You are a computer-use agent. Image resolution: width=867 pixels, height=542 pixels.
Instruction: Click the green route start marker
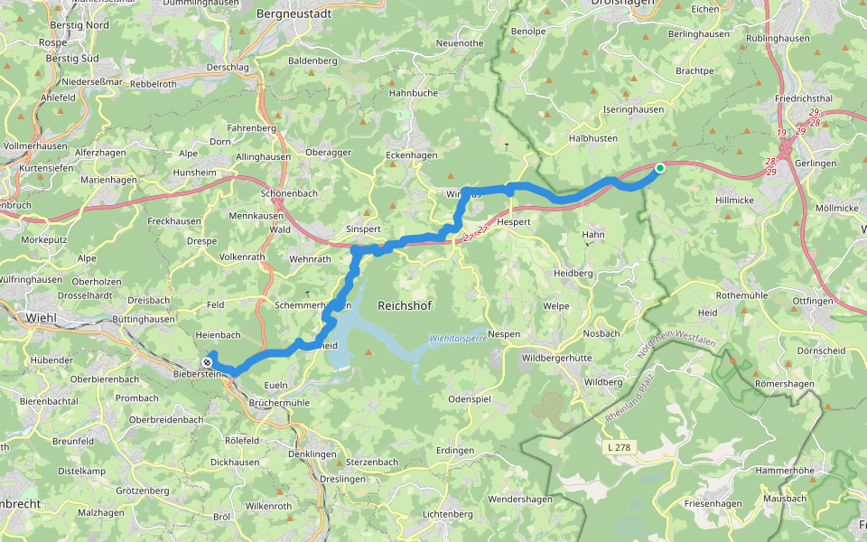click(660, 168)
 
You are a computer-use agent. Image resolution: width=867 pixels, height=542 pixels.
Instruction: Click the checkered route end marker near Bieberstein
click(208, 362)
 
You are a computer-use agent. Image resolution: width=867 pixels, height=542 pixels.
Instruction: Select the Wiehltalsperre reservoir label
click(457, 338)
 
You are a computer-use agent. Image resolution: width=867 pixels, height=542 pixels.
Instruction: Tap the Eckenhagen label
click(411, 155)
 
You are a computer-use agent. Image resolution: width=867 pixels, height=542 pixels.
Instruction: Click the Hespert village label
click(513, 221)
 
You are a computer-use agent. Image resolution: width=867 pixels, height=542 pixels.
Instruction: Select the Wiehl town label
click(42, 317)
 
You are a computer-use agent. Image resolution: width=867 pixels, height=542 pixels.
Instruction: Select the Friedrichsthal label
click(803, 98)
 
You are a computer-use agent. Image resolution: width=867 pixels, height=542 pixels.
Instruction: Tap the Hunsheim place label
click(194, 172)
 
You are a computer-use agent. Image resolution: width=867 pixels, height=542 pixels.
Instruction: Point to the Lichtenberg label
click(447, 514)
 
